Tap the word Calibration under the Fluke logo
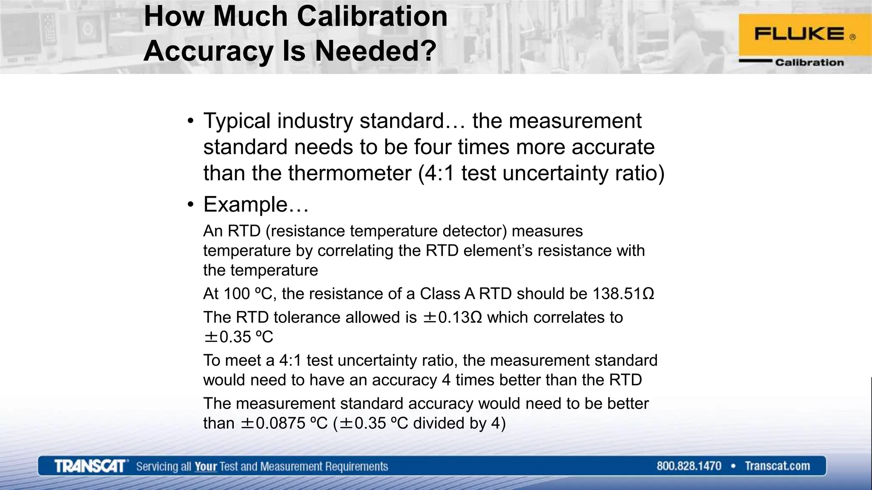809,63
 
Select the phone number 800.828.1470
688,466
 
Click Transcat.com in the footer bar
777,466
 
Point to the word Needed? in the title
376,51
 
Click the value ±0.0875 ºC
284,423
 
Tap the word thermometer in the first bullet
350,173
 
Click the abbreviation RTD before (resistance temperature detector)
244,231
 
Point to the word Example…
256,205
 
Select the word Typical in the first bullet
237,121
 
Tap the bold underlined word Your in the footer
206,467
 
